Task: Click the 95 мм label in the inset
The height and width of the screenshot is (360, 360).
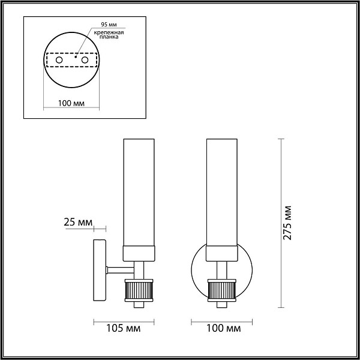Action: (109, 25)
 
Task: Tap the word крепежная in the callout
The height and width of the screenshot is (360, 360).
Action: (109, 32)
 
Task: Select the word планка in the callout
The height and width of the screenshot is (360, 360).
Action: (109, 37)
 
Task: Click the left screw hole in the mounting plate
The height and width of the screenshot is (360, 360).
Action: (59, 60)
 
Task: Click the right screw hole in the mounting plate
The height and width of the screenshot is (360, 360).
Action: (85, 60)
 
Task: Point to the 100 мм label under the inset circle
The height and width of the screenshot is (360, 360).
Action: (71, 103)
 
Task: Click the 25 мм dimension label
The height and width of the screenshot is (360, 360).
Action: (78, 222)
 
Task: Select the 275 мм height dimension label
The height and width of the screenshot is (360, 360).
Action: (287, 223)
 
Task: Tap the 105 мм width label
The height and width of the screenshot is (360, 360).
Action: (123, 329)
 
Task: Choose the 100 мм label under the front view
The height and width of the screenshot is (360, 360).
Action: (224, 329)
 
